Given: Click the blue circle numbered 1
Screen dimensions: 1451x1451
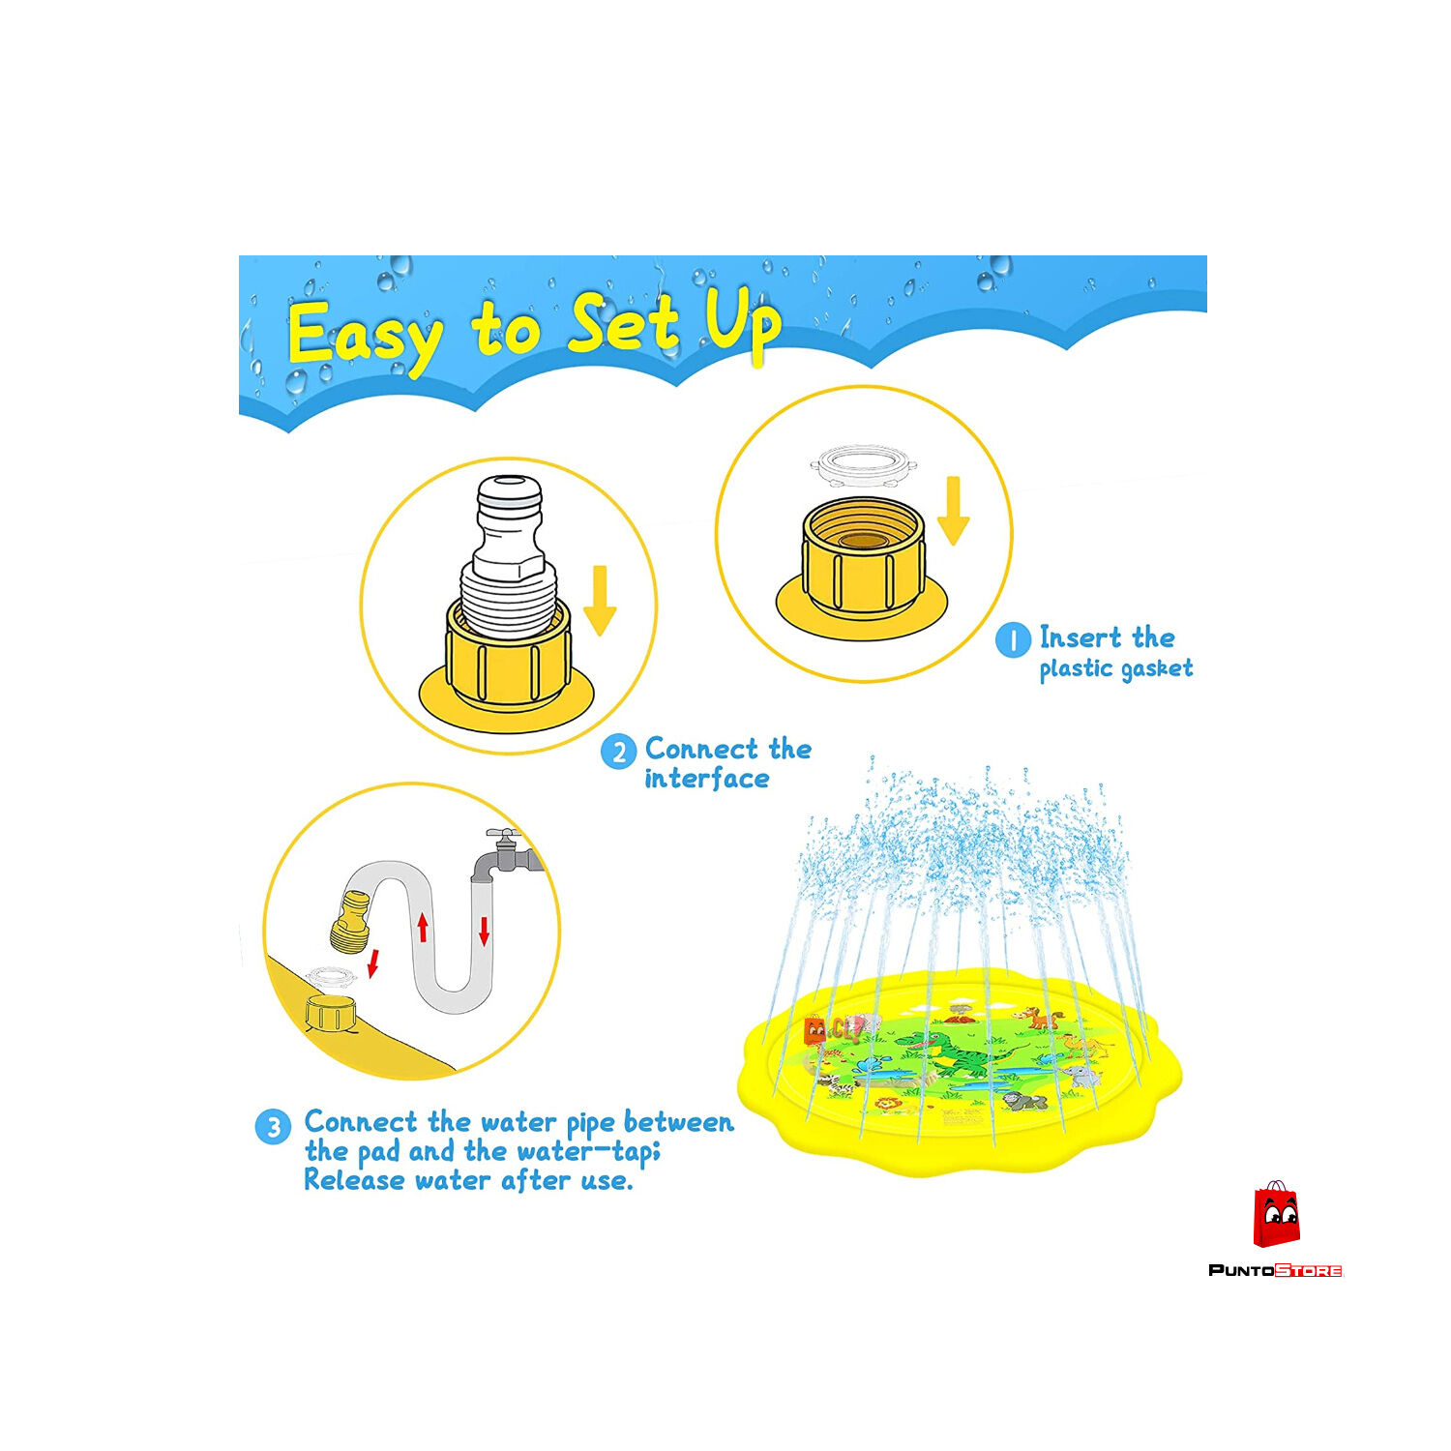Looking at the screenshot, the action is click(x=1013, y=640).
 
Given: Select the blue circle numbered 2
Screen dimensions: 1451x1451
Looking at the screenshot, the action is click(x=618, y=752).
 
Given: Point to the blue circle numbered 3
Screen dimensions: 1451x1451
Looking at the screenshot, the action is click(x=273, y=1126).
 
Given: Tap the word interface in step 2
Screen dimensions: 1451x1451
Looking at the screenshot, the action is click(x=707, y=779).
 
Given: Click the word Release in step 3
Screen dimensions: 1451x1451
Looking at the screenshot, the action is click(x=354, y=1180).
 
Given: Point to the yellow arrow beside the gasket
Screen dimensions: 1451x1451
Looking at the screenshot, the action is click(x=954, y=510).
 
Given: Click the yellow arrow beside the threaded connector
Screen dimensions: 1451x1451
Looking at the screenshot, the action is click(x=600, y=601).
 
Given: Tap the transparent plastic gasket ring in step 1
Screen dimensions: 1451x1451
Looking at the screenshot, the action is click(x=863, y=465).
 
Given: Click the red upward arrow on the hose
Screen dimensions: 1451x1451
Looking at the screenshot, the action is click(x=422, y=928).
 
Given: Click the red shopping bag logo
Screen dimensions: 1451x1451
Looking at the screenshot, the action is click(x=1276, y=1215).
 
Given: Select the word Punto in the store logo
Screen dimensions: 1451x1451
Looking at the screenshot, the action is click(x=1241, y=1270).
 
